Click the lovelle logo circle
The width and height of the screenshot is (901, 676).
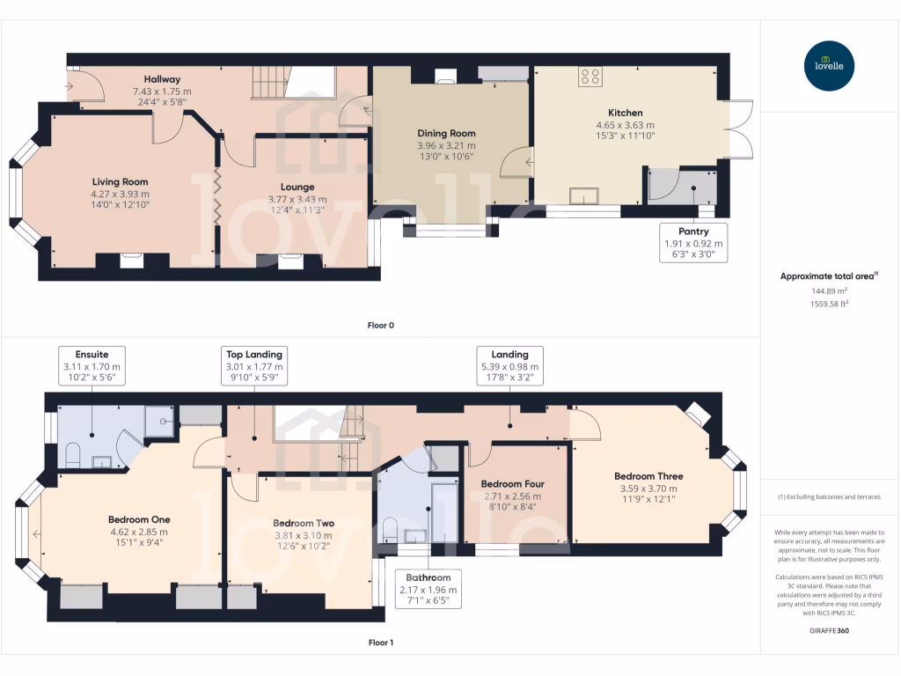(829, 65)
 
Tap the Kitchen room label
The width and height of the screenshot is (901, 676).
(626, 113)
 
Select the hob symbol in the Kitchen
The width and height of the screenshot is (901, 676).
(590, 77)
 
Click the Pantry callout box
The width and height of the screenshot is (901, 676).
(693, 243)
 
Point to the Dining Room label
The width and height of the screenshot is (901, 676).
(446, 133)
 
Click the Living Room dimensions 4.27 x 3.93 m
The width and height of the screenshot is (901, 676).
(120, 195)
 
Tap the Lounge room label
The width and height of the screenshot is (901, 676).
(297, 187)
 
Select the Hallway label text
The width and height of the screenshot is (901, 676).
(162, 79)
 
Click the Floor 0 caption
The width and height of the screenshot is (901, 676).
(381, 326)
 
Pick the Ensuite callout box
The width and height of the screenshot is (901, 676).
(92, 365)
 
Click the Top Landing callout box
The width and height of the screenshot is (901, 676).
(254, 365)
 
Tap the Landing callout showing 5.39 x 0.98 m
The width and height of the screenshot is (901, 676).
(509, 365)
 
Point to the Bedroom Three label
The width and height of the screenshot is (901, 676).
(648, 476)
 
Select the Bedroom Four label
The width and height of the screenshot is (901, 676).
(513, 484)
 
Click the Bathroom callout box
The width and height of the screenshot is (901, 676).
(429, 589)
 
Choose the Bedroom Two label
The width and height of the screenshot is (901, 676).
(304, 523)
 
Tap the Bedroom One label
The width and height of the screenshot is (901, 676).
(139, 519)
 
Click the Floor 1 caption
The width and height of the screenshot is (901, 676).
(381, 643)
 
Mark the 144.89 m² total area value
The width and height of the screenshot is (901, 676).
(829, 290)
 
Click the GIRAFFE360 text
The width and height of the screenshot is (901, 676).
(829, 630)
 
